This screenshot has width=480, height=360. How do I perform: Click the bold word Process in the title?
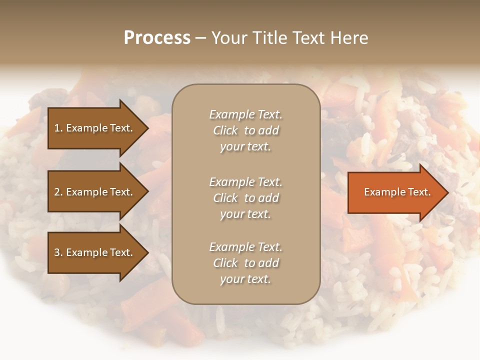point(157,38)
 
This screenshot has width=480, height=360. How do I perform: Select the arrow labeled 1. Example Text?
point(95,128)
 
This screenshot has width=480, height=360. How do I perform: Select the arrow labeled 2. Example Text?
point(95,192)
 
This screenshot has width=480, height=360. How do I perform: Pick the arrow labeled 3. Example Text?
point(95,252)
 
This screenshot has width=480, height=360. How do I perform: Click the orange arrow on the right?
point(395,192)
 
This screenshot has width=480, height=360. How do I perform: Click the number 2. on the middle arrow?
point(58,192)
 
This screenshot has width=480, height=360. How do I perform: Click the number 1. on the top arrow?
point(58,128)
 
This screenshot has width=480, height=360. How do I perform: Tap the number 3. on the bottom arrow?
point(58,252)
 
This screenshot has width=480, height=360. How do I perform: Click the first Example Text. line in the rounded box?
point(245,114)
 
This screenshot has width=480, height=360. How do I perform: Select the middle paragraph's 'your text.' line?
point(245,214)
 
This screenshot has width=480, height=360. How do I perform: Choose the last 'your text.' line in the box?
point(245,279)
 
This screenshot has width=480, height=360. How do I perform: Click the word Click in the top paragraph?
point(225,130)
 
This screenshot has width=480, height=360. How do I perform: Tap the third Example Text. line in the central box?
point(245,247)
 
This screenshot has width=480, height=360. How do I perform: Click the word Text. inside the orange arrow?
point(417,192)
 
